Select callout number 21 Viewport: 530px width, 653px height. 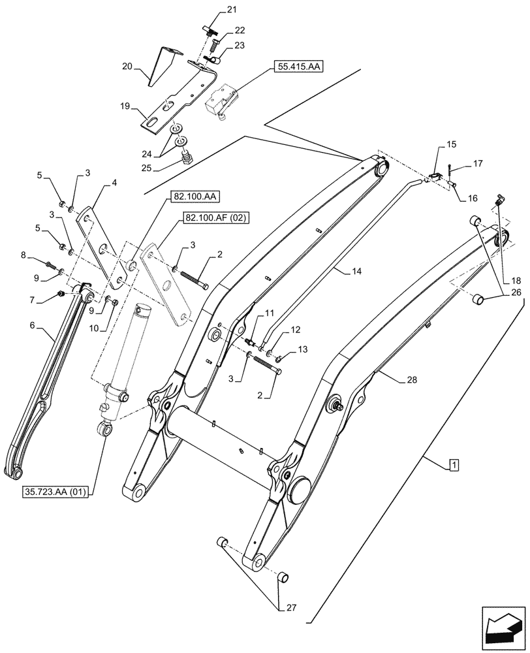click(214, 9)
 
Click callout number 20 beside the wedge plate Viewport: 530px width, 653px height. click(127, 66)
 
